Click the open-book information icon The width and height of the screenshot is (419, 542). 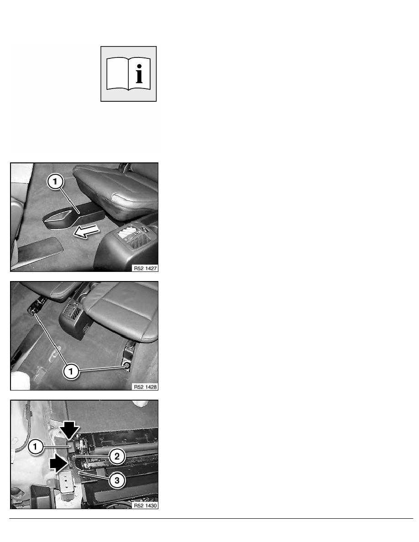point(128,73)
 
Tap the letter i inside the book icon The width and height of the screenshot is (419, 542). point(139,73)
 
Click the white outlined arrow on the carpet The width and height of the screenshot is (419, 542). point(86,231)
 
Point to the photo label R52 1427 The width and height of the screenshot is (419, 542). point(145,268)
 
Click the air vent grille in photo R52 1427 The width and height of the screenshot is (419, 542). point(134,235)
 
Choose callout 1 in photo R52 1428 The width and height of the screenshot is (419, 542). point(71,371)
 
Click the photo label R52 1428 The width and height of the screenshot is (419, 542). point(145,387)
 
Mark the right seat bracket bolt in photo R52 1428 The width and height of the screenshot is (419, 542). point(127,365)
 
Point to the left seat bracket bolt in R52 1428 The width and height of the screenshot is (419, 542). point(33,313)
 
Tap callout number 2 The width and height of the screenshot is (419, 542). point(117,457)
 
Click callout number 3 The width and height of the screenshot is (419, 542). point(117,480)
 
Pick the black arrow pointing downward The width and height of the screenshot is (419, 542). point(69,430)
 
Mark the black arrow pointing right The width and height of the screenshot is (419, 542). point(58,463)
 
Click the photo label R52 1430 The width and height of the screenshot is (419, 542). point(145,506)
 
